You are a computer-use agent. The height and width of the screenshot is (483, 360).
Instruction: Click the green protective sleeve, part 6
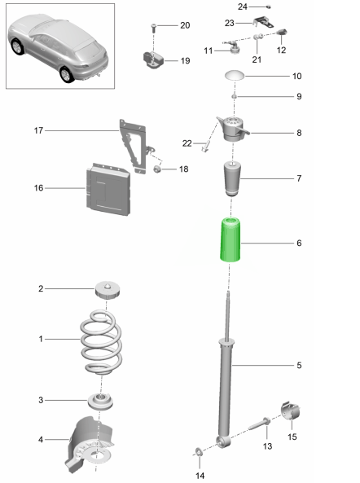[230, 240]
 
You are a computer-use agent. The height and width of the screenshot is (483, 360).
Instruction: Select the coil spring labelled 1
[101, 342]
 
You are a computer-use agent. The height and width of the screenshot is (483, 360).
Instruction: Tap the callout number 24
[243, 7]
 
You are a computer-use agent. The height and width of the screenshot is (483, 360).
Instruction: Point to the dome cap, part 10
[235, 76]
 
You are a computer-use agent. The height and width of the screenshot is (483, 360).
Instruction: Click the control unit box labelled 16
[108, 189]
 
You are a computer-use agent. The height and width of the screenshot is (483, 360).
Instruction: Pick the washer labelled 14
[199, 452]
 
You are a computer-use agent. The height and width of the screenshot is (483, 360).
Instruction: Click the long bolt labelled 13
[259, 424]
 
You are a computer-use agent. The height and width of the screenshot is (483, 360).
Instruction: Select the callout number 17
[38, 130]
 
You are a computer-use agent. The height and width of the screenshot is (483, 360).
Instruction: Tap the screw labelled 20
[154, 28]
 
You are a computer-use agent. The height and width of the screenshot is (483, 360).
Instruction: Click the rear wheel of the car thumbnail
[67, 74]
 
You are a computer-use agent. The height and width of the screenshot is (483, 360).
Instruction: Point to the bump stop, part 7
[232, 178]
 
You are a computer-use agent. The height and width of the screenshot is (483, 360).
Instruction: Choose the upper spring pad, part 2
[107, 290]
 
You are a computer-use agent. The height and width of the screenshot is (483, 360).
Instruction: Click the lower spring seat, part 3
[100, 402]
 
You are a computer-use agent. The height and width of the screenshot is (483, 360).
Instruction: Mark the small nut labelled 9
[234, 97]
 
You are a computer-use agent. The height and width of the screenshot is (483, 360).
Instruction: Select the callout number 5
[299, 365]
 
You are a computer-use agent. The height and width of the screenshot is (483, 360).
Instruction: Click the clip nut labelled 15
[291, 411]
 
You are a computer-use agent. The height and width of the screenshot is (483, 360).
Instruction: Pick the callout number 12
[281, 50]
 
